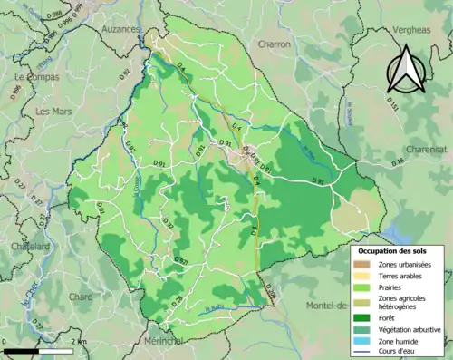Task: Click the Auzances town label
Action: (120, 29)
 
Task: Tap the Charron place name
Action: (273, 44)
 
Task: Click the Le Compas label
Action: (36, 78)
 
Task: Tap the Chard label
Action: (81, 296)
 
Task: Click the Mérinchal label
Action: (163, 341)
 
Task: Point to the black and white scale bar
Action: (36, 349)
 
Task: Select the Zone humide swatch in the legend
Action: (363, 342)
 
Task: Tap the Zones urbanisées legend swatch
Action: (363, 265)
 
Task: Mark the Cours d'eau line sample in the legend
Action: (363, 354)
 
